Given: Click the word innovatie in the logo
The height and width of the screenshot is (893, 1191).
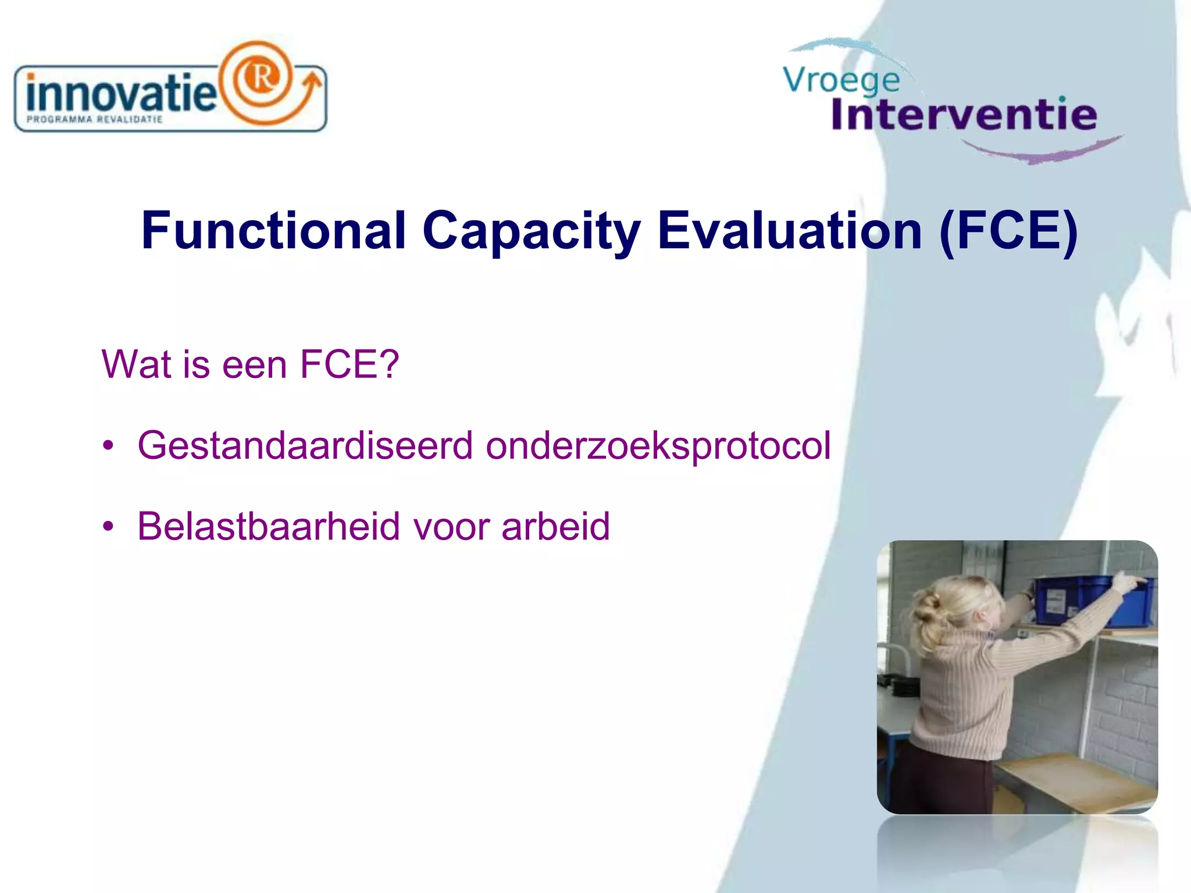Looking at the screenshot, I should [x=121, y=93].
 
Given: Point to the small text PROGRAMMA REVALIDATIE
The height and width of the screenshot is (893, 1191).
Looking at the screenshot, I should [x=95, y=120].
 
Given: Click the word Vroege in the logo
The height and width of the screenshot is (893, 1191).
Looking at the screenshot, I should [x=841, y=80].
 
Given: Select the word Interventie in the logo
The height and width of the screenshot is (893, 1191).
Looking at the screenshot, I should [x=964, y=114].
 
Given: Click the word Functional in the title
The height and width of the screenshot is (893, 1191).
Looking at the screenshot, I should [x=273, y=231].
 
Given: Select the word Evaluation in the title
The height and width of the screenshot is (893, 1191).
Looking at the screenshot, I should [x=789, y=231].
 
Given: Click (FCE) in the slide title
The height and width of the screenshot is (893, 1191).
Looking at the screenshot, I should [x=1008, y=231].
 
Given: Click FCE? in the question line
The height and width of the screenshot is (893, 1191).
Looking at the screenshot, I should [x=349, y=365].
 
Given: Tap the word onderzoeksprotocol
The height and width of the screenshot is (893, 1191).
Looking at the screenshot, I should [x=658, y=446].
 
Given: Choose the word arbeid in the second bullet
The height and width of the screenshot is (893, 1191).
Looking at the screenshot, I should [x=555, y=527].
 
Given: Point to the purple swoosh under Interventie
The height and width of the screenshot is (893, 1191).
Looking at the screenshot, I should [x=1047, y=153].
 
